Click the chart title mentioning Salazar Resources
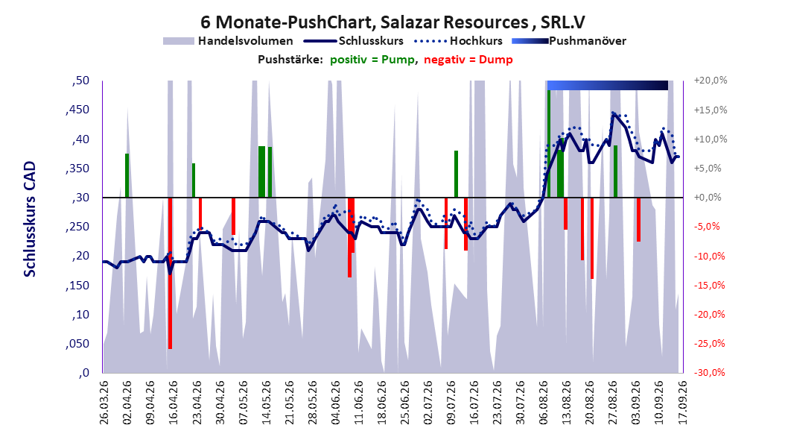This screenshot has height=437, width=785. (x=392, y=22)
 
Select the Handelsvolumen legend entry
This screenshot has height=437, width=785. (x=228, y=41)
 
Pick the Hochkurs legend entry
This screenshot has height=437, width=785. (x=459, y=41)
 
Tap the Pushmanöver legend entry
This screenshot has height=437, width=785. (x=569, y=41)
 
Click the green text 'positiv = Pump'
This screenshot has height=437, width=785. (x=372, y=60)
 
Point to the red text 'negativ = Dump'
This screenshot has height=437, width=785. (x=468, y=60)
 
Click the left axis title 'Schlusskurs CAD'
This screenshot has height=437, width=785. (x=30, y=218)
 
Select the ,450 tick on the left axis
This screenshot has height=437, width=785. (x=77, y=110)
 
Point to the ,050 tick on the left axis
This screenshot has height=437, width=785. (x=77, y=344)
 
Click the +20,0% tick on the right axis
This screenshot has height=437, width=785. (x=711, y=81)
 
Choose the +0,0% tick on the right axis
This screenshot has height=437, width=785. (x=708, y=198)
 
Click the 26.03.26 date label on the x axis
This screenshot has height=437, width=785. (x=104, y=403)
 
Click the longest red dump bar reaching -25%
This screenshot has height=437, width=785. (x=171, y=273)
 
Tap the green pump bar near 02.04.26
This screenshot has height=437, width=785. (x=127, y=175)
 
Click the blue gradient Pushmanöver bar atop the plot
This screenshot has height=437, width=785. (x=608, y=85)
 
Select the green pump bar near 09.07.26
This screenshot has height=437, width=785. (x=456, y=174)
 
